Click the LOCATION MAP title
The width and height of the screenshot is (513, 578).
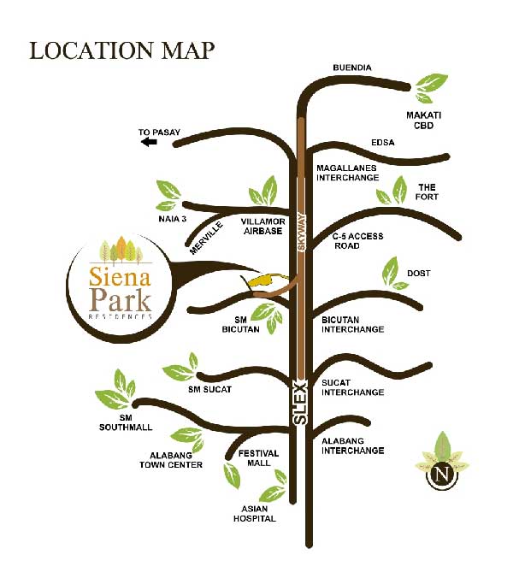point(121,50)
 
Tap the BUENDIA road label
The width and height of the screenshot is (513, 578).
point(352,68)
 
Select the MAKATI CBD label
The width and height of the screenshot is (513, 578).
point(423,121)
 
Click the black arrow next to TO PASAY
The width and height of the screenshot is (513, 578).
point(149,142)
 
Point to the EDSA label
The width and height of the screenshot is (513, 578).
point(382,142)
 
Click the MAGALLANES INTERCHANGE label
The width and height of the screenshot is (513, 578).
point(347,173)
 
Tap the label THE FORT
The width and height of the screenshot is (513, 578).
point(427,192)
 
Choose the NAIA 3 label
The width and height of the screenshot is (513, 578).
point(173,219)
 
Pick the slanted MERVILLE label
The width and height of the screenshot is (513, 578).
point(206,238)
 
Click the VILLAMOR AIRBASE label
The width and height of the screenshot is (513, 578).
point(262,227)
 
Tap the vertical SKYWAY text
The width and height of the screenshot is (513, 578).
point(302,233)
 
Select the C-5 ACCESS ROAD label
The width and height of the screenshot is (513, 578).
point(358,241)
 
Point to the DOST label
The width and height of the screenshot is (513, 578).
point(419,273)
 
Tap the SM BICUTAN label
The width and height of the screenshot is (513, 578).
point(240,324)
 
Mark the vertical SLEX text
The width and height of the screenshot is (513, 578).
point(301,403)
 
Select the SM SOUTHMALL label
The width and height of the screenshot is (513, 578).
point(126,422)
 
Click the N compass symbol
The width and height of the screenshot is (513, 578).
point(442,474)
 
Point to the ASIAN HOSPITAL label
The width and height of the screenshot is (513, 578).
point(254,514)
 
